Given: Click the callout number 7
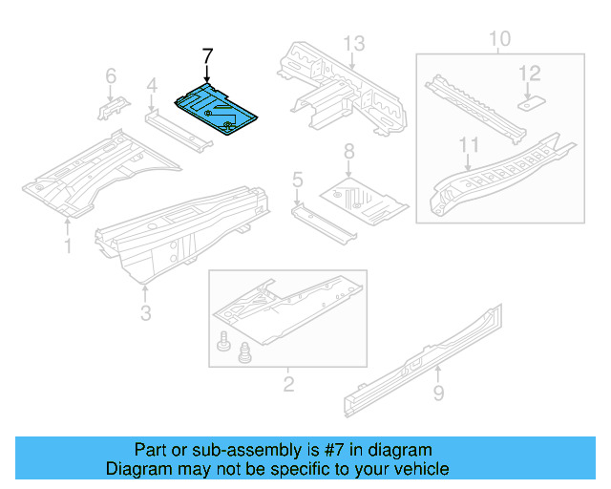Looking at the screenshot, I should [207, 56].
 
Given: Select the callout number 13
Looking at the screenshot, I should [354, 43].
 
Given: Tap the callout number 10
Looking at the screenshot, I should [499, 39].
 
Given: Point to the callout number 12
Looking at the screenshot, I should [530, 73].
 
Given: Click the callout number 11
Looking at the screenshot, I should [469, 145].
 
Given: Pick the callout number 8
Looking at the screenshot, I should [348, 151].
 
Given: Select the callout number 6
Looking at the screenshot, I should [111, 75].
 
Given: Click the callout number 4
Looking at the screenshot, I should [151, 89].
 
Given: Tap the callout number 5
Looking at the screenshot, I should [297, 179].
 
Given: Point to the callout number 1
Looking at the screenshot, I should [68, 248].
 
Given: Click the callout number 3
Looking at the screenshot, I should [145, 313].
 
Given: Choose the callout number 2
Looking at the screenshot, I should [287, 385].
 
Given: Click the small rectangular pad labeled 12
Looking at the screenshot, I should [532, 97].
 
